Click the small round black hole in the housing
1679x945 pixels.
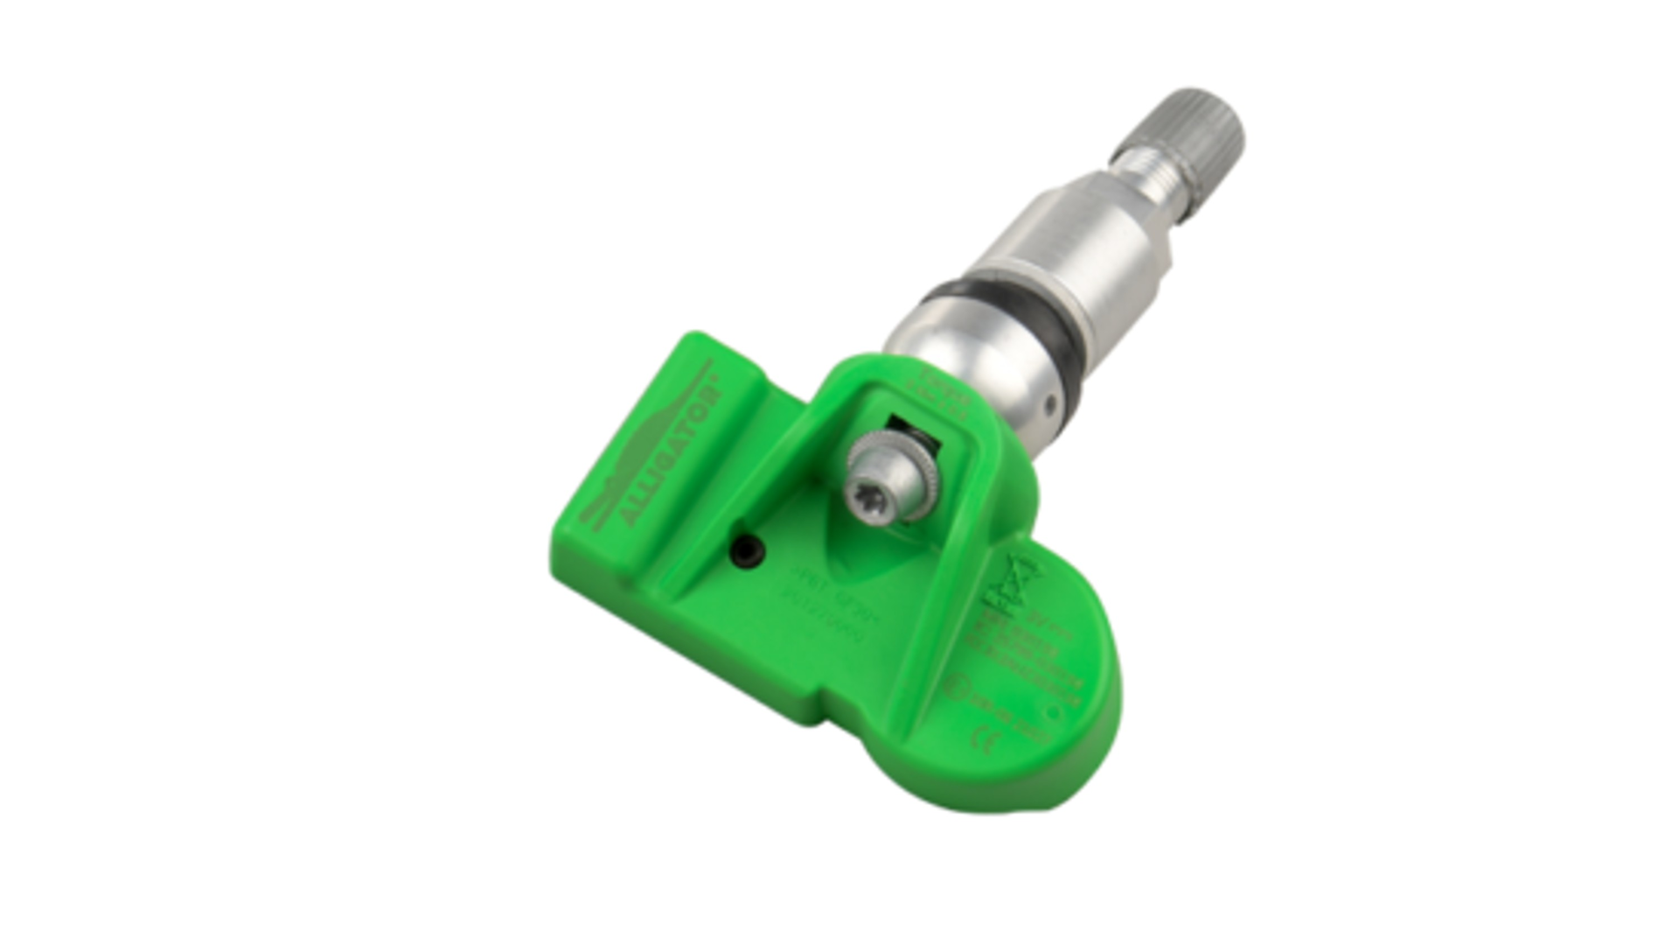pyautogui.click(x=749, y=551)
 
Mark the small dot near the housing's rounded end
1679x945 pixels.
pyautogui.click(x=1053, y=712)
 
